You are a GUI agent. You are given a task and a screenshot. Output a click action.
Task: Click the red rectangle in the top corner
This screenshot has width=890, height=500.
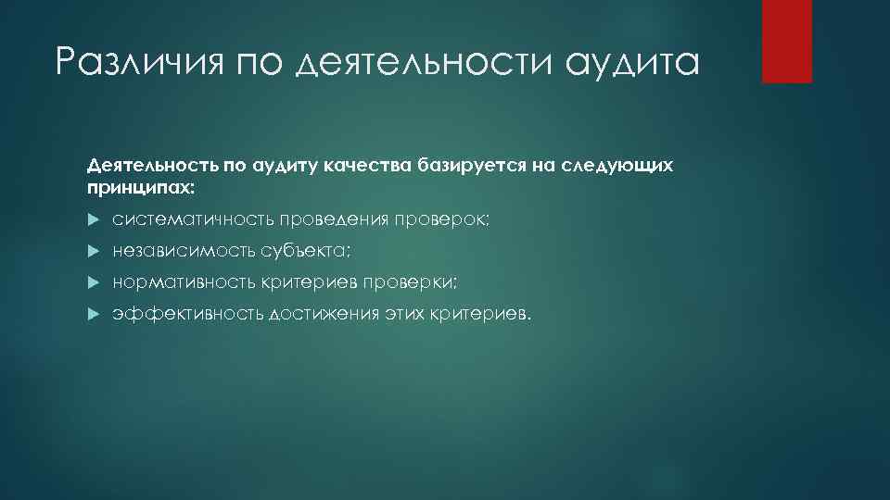(x=786, y=42)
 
